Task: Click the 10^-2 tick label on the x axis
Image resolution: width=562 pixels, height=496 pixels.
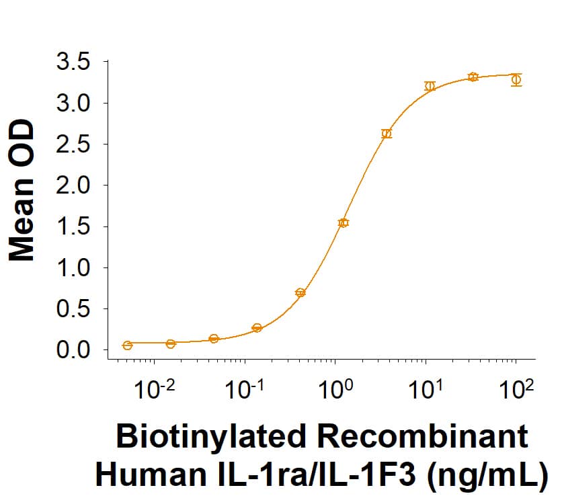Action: pyautogui.click(x=155, y=389)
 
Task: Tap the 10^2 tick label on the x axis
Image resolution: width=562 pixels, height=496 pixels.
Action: pyautogui.click(x=516, y=389)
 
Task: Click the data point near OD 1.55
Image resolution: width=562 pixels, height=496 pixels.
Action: pyautogui.click(x=344, y=222)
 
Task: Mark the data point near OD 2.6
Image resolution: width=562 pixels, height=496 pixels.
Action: pyautogui.click(x=387, y=134)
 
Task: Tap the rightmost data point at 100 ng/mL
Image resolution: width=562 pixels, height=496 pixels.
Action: pyautogui.click(x=516, y=80)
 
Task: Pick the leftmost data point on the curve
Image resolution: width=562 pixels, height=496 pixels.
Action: pyautogui.click(x=128, y=345)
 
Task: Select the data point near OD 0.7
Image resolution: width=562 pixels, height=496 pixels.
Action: pyautogui.click(x=300, y=293)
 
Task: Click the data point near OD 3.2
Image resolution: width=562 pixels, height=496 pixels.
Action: pyautogui.click(x=430, y=86)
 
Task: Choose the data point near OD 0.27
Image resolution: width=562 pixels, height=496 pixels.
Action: pyautogui.click(x=257, y=328)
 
